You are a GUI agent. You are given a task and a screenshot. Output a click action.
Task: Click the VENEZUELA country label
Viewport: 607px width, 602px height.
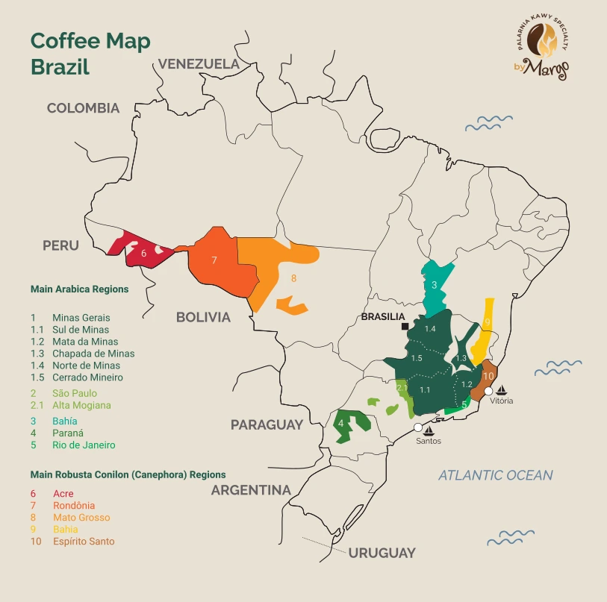(199, 64)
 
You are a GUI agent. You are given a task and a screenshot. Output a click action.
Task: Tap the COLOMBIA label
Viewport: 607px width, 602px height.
(83, 108)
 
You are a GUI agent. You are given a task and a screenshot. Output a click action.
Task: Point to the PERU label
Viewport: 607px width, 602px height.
(60, 245)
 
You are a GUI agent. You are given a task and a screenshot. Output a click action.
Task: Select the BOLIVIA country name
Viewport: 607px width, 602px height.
(203, 317)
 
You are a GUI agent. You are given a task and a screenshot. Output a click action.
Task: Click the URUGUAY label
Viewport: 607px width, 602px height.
(382, 553)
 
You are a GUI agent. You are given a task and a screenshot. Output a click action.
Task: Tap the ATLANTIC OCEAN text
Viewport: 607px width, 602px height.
(495, 474)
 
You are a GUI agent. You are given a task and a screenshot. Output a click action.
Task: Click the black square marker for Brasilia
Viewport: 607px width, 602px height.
(404, 327)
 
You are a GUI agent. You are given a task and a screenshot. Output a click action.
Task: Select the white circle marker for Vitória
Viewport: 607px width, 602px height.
(489, 390)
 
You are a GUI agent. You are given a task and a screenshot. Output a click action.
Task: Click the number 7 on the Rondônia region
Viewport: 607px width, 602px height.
(214, 260)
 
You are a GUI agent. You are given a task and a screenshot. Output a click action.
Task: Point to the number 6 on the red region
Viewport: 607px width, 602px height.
(143, 254)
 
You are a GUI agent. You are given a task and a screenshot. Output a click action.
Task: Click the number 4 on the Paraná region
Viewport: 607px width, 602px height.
(341, 424)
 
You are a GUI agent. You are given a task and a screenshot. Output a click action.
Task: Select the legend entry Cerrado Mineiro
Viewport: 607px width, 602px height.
(87, 377)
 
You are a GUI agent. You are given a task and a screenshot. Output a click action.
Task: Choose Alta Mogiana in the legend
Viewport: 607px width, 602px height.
(81, 405)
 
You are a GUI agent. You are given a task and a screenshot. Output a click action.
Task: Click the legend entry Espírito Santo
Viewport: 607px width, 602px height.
(84, 541)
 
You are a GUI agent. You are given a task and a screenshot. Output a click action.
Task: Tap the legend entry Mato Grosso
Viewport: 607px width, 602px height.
(81, 517)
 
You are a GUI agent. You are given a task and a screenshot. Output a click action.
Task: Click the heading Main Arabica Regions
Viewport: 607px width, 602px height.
(79, 289)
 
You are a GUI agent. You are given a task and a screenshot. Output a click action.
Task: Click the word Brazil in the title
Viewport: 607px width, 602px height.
(60, 66)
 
